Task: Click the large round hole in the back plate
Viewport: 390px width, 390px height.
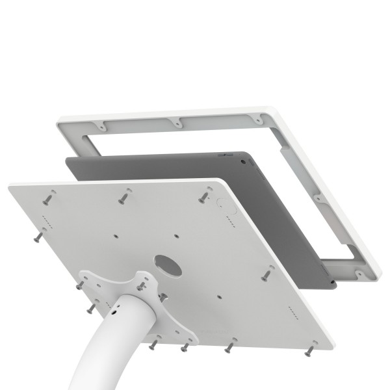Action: pos(168,264)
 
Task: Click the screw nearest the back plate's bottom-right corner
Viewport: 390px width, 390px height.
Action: pos(310,350)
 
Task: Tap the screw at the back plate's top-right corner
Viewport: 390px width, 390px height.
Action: pos(205,194)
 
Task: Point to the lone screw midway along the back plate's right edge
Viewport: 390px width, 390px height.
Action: pos(266,275)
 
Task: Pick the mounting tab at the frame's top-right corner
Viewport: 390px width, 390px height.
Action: pos(259,120)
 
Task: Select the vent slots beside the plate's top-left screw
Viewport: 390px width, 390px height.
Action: pos(44,218)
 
